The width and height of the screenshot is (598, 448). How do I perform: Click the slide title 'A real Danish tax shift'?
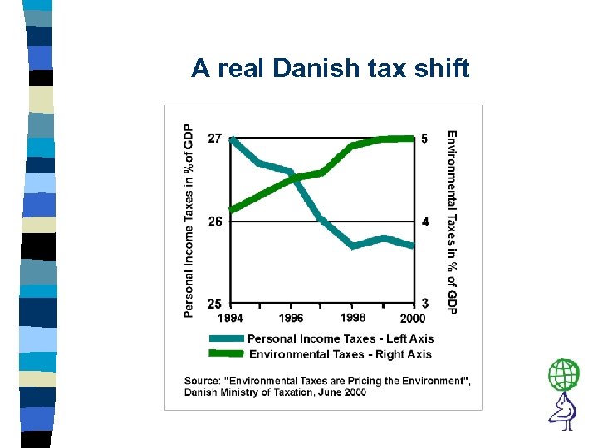[x=330, y=68]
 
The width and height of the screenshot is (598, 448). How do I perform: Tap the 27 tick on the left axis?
[x=214, y=139]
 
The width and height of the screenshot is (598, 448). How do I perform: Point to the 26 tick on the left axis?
[x=214, y=222]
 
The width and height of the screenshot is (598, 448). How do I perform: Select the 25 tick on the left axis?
[x=214, y=304]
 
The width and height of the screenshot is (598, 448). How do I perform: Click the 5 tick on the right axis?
[x=425, y=139]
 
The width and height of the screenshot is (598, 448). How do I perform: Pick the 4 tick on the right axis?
[x=425, y=222]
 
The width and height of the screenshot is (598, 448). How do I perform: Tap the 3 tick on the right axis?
[x=425, y=304]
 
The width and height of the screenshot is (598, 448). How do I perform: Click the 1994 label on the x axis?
[x=230, y=318]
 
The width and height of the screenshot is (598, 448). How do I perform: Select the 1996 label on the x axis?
[x=291, y=318]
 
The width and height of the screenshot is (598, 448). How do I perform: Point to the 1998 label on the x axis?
[x=353, y=317]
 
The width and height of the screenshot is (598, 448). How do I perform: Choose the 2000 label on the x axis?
[x=413, y=318]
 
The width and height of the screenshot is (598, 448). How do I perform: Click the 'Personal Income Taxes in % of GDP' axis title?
[x=189, y=221]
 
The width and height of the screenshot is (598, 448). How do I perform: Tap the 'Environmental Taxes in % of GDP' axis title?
[x=452, y=222]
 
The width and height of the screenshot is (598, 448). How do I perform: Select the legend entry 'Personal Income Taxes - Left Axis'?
[x=341, y=338]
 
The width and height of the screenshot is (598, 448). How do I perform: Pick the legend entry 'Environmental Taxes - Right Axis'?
[x=341, y=354]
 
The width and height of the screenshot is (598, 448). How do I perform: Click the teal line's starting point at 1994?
[x=231, y=139]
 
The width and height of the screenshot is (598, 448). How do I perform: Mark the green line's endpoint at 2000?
[x=413, y=138]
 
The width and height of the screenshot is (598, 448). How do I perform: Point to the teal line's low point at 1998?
[x=353, y=246]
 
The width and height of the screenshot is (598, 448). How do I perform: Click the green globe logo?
[x=564, y=375]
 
